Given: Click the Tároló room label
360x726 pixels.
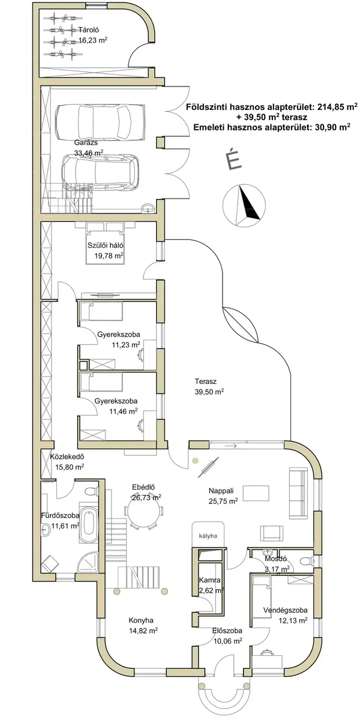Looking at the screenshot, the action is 88,30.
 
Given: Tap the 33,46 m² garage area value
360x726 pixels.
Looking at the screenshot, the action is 89,152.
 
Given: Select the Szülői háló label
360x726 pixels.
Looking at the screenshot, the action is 106,245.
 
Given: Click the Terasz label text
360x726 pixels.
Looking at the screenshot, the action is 205,381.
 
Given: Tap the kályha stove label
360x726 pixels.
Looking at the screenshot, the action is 208,536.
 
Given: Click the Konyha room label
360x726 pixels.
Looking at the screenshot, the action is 141,620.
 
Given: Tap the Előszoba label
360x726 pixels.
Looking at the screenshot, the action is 227,631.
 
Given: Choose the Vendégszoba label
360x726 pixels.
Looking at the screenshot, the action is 285,610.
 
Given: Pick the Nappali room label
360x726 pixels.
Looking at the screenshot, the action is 221,491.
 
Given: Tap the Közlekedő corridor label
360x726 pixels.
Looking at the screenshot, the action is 67,457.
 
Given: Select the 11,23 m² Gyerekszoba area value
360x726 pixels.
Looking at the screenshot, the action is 126,345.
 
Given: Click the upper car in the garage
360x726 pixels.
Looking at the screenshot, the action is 100,121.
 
